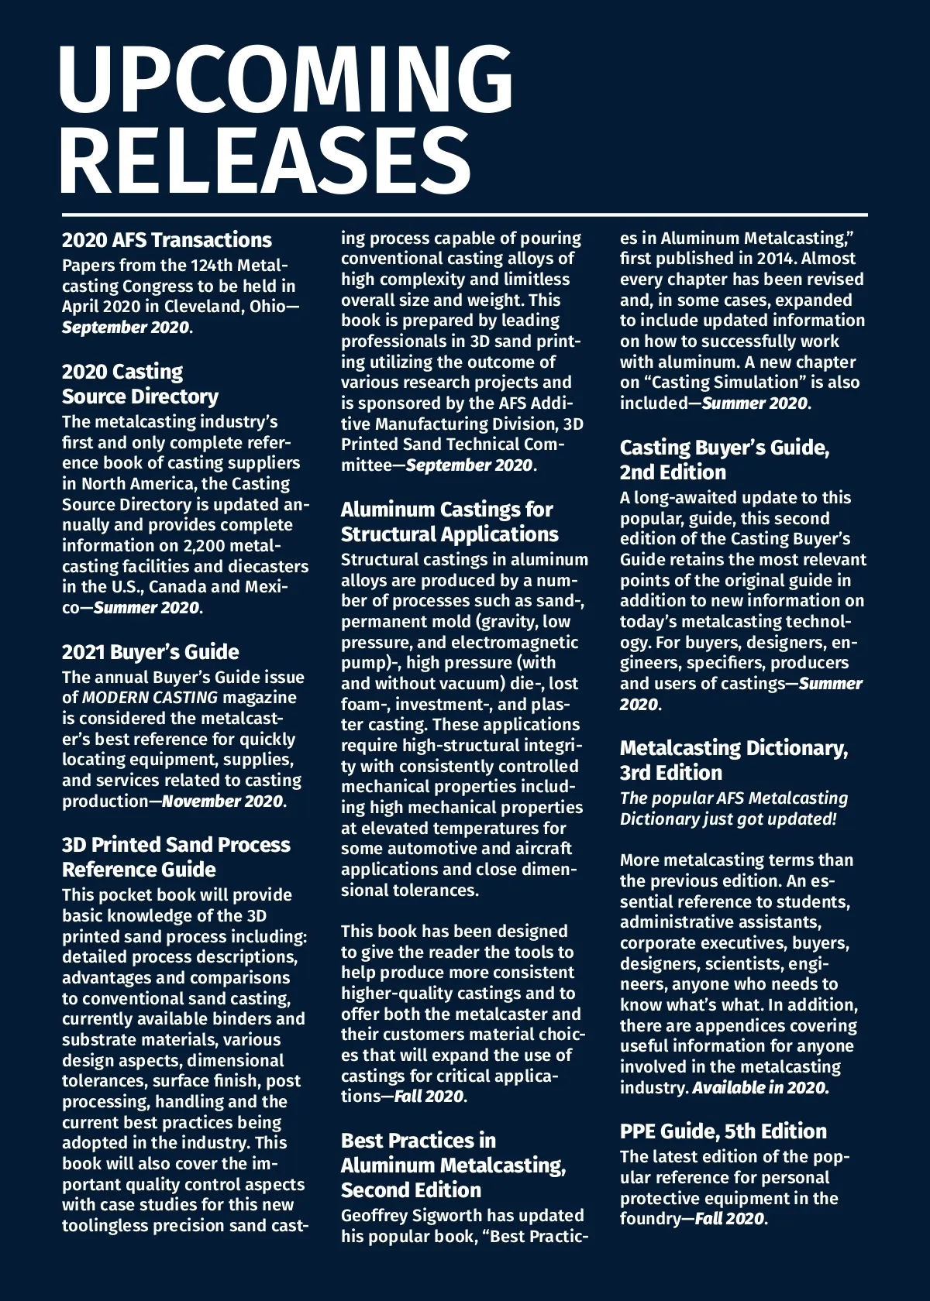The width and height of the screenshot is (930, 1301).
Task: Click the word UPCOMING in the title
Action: coord(285,80)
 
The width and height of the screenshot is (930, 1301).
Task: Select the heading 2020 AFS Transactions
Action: coord(167,240)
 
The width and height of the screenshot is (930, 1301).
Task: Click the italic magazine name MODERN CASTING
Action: coord(150,698)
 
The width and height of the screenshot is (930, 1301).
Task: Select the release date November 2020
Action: coord(222,801)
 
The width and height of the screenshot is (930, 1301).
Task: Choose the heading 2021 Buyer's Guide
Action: coord(150,652)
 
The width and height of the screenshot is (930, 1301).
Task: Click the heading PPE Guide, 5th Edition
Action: coord(723,1131)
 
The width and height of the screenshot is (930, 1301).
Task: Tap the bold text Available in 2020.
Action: coord(760,1087)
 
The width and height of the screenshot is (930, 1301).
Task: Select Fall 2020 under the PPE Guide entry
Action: coord(728,1219)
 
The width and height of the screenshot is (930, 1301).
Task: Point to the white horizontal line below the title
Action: coord(465,215)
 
